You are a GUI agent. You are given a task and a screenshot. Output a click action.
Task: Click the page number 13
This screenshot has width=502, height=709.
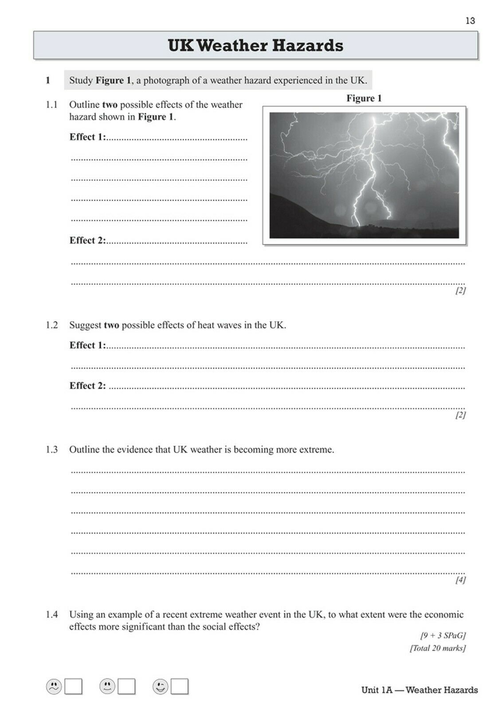click(470, 20)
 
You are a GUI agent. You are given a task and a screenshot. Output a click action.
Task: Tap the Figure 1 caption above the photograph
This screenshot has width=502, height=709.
click(364, 98)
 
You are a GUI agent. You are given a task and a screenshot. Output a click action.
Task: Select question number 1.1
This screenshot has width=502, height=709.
click(52, 105)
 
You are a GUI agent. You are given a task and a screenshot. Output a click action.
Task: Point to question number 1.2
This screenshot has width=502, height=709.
click(52, 325)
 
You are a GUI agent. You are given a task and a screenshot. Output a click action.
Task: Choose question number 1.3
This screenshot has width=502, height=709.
click(52, 449)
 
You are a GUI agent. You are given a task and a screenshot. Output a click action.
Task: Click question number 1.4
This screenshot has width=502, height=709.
click(52, 614)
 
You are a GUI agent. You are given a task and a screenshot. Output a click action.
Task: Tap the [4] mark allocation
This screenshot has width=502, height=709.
click(460, 580)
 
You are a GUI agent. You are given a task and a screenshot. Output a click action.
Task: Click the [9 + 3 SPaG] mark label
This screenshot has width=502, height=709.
click(443, 635)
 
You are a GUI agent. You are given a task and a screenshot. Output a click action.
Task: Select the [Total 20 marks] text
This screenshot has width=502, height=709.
click(437, 648)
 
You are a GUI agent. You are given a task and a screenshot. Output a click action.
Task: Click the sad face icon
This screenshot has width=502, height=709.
click(54, 687)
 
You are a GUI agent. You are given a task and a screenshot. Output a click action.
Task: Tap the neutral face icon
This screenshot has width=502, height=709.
click(107, 687)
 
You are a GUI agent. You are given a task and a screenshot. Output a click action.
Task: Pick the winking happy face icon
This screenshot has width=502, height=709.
click(160, 687)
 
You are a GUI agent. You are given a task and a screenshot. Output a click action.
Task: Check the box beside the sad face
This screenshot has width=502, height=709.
click(73, 687)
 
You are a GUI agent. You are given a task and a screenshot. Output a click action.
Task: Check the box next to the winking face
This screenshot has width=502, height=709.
click(180, 687)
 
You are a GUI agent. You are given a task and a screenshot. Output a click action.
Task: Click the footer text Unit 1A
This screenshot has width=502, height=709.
click(377, 690)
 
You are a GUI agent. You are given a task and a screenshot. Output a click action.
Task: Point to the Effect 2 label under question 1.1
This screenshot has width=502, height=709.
click(87, 240)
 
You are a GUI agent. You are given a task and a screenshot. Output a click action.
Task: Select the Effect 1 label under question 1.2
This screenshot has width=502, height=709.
click(87, 345)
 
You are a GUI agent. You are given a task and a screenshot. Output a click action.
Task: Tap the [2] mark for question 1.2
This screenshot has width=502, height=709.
click(460, 415)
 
